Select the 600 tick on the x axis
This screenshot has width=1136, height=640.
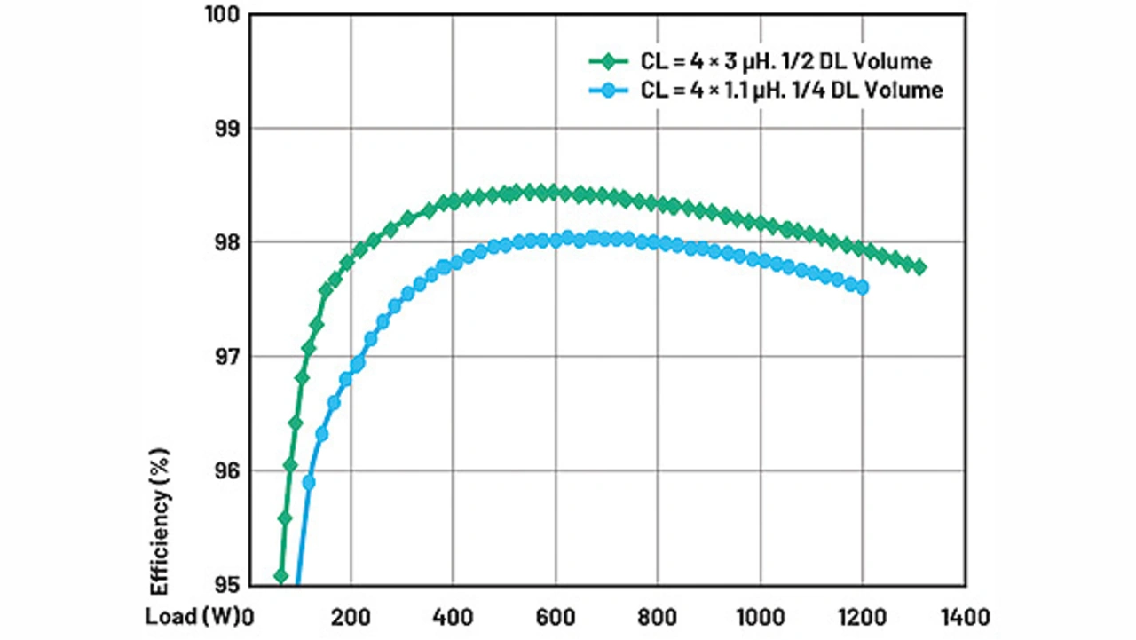(555, 616)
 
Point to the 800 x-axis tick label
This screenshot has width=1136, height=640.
(657, 616)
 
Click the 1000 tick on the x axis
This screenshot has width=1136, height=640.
(760, 616)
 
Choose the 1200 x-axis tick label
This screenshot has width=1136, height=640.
(862, 616)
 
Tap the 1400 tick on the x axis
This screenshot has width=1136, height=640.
(965, 616)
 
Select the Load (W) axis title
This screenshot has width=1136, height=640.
(194, 616)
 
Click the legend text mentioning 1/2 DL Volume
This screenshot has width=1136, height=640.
(785, 61)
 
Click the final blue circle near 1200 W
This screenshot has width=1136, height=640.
(861, 287)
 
